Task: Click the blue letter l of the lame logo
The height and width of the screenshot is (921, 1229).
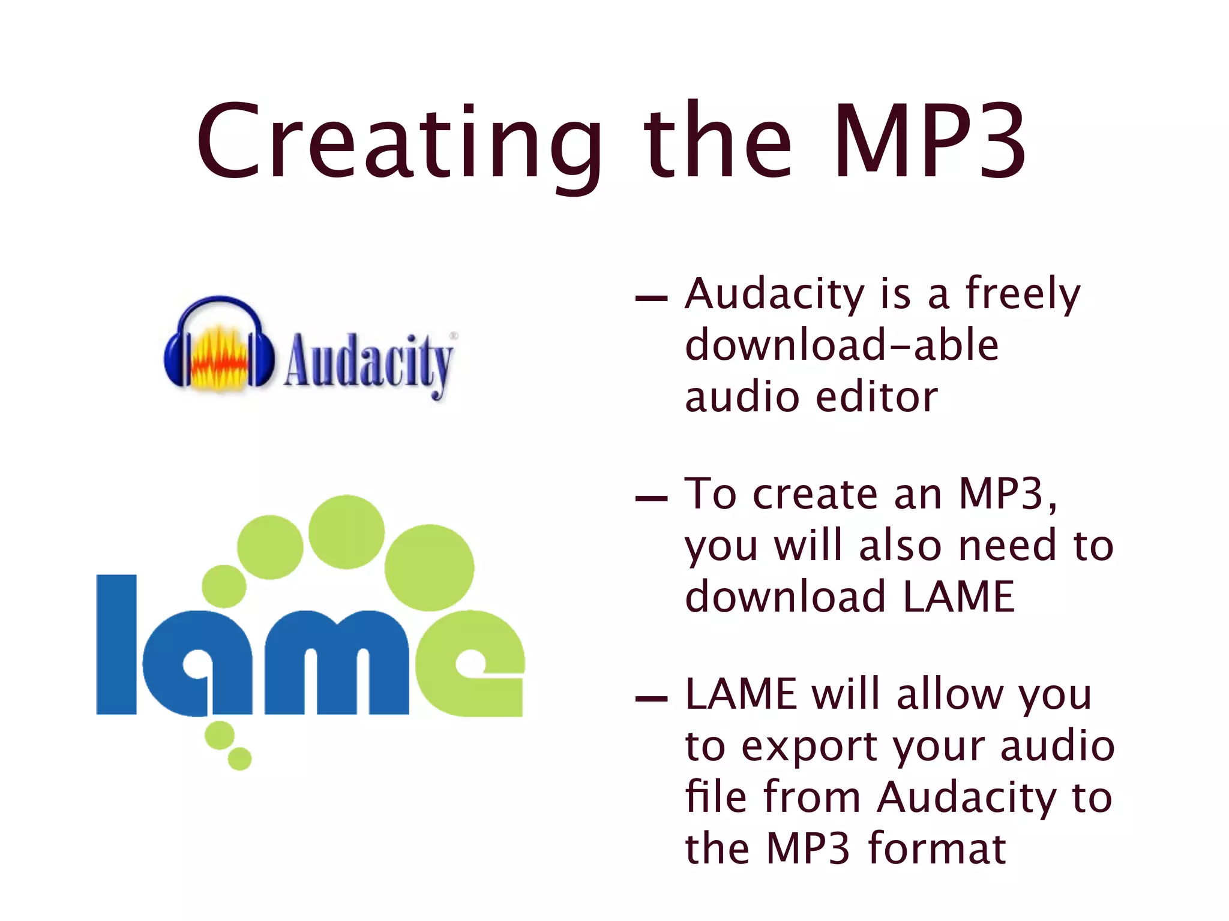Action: pos(116,645)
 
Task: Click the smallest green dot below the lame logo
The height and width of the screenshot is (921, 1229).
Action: pos(240,759)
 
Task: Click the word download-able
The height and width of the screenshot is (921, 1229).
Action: pos(841,345)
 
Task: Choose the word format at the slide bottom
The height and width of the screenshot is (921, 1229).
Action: pos(937,848)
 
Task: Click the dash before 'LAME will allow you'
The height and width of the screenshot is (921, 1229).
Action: pos(651,699)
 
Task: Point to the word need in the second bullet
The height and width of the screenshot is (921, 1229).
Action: pos(1007,546)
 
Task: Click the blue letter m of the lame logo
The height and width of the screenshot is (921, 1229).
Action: pos(336,663)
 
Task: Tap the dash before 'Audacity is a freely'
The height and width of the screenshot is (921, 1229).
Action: pos(651,297)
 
